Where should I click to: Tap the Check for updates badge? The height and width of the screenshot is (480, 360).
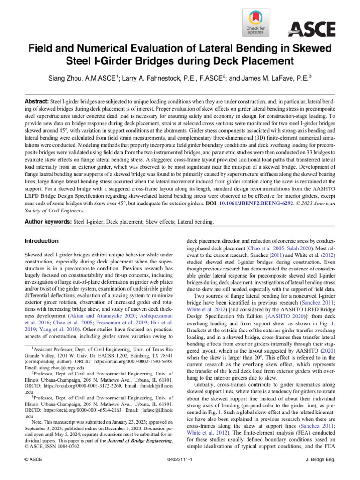point(255,22)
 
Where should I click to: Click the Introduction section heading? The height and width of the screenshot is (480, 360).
point(42,240)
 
